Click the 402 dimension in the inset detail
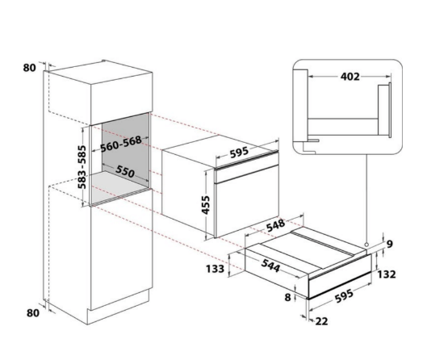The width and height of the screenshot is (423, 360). tap(350, 77)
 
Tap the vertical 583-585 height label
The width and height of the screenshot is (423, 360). tap(82, 166)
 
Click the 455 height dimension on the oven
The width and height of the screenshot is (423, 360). tap(205, 203)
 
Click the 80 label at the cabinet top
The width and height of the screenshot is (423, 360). tap(30, 69)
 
